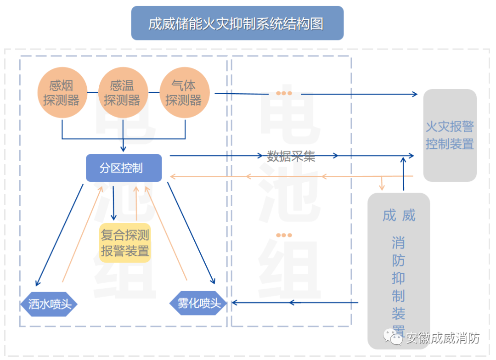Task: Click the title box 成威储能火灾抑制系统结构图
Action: coord(237,23)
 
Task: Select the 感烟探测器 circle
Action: coord(62,93)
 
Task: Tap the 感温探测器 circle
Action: coord(122,93)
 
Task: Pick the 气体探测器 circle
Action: coord(184,93)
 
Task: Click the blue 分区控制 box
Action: coord(124,168)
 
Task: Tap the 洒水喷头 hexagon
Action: coord(49,304)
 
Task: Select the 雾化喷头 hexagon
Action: coord(199,303)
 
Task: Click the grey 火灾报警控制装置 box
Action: coord(450,135)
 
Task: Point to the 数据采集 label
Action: coord(291,156)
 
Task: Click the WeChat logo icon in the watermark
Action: coord(394,338)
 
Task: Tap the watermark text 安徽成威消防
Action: coord(443,338)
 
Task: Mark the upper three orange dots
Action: coord(284,94)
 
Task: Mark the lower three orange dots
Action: coord(284,235)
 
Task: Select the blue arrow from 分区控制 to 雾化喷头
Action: coord(191,232)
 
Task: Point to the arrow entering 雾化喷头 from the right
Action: coord(294,302)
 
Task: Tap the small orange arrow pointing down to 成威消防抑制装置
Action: coord(382,184)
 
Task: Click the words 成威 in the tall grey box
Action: coord(399,215)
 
